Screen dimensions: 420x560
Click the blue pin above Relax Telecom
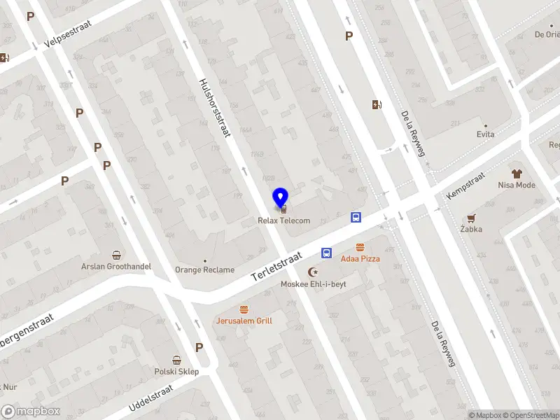click(281, 198)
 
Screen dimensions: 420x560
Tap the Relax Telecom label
click(283, 221)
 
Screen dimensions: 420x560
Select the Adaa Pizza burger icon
click(360, 247)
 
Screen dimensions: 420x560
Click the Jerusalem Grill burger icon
click(244, 309)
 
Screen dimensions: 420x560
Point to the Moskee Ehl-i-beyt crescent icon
click(314, 272)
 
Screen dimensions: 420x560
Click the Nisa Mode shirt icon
click(517, 174)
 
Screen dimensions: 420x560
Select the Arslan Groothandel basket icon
click(117, 255)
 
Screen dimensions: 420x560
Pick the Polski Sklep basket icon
click(177, 360)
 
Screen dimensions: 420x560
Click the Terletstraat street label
click(276, 268)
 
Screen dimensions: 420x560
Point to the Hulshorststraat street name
click(215, 108)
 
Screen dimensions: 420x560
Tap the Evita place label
click(486, 134)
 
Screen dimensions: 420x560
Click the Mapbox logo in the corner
click(31, 412)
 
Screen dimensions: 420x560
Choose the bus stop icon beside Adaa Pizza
click(326, 253)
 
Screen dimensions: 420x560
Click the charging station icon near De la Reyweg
click(377, 105)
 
